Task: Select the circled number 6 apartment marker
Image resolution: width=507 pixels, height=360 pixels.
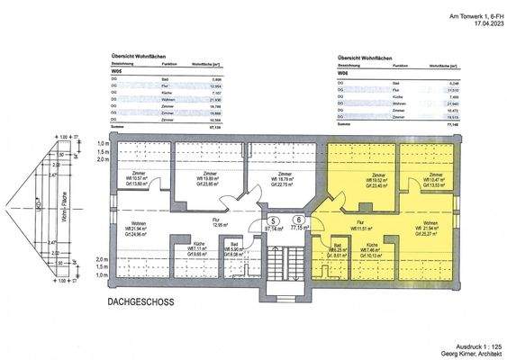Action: [297, 220]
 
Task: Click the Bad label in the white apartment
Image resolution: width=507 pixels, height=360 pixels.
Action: [232, 245]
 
